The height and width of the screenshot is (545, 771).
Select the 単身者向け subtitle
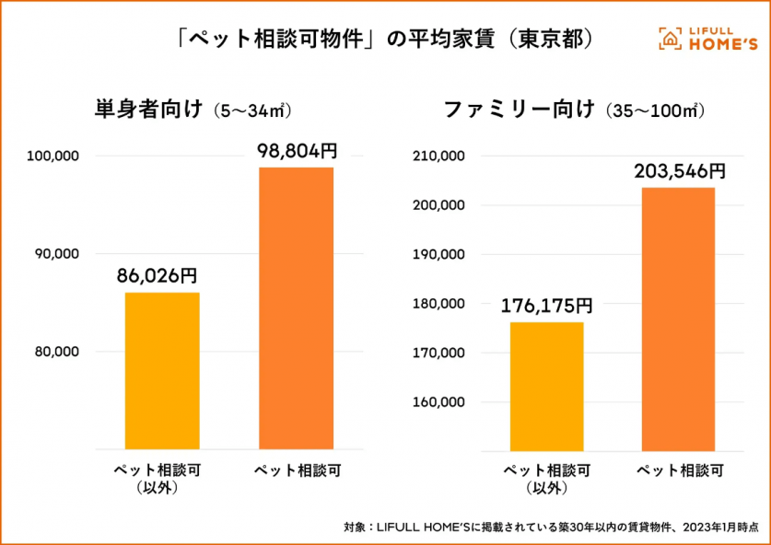pyautogui.click(x=147, y=110)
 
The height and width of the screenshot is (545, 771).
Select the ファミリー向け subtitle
pyautogui.click(x=520, y=110)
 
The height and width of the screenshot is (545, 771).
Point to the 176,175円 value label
pyautogui.click(x=546, y=305)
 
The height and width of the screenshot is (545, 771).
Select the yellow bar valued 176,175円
pyautogui.click(x=546, y=386)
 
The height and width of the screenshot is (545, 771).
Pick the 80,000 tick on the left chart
pyautogui.click(x=57, y=352)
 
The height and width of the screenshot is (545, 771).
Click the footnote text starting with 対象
pyautogui.click(x=551, y=528)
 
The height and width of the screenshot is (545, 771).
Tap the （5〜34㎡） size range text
pyautogui.click(x=251, y=111)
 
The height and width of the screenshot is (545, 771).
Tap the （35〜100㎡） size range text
pyautogui.click(x=656, y=111)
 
